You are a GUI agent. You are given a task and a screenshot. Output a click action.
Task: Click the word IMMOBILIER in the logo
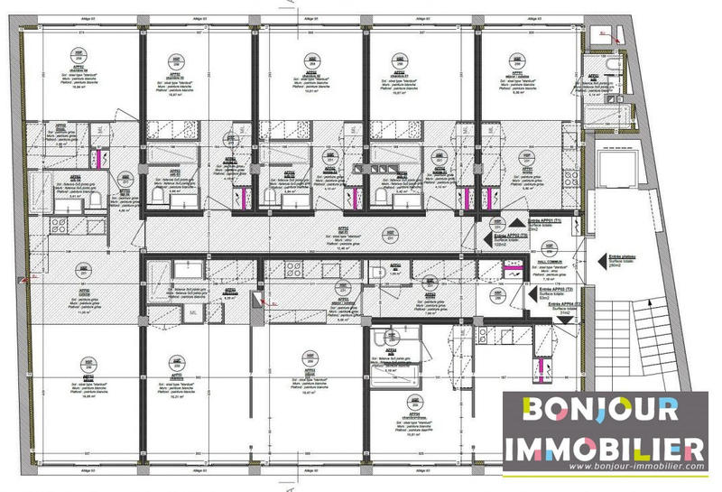pos(603,447)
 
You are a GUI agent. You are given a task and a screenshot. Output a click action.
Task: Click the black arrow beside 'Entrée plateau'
pos(601,260)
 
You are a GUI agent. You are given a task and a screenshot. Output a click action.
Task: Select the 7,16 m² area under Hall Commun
pos(548,280)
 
